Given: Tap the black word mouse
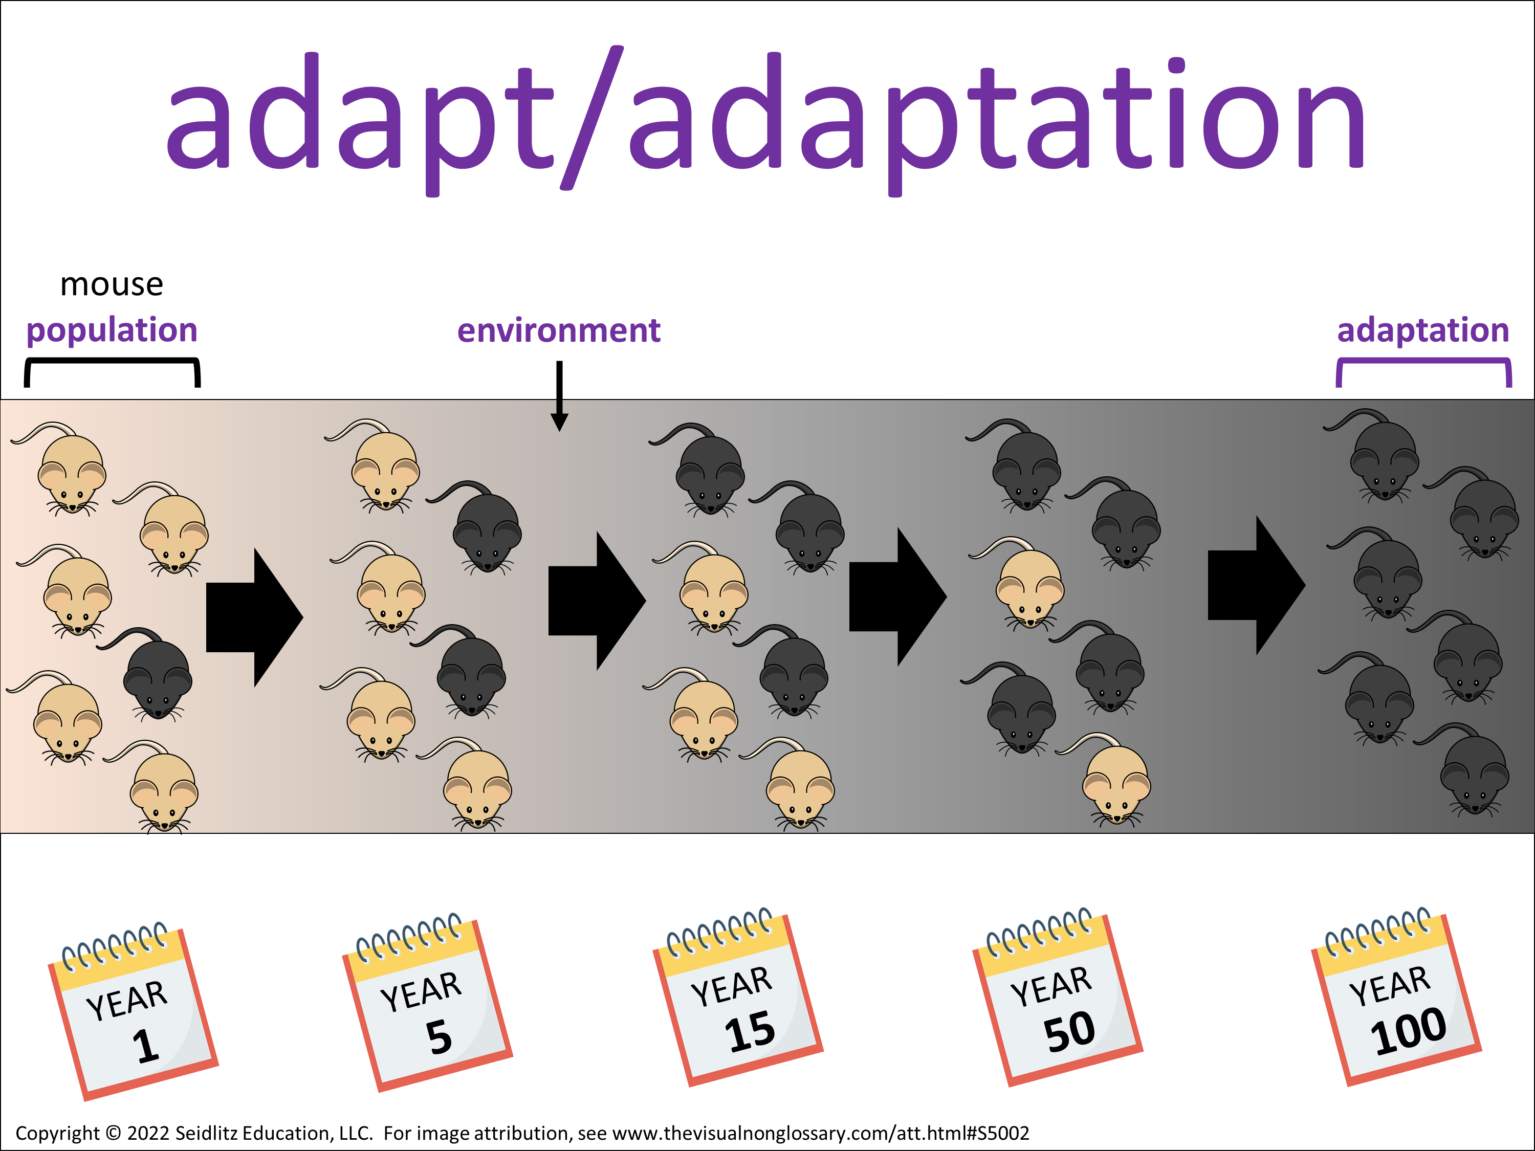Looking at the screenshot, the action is pos(112,285).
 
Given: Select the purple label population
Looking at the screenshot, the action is pos(112,331).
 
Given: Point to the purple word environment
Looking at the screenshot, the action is pos(559,330).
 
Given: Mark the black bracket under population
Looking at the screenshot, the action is pos(112,360).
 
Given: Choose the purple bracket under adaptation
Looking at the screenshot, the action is pos(1424,360).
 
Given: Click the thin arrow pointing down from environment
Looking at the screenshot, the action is pos(559,396).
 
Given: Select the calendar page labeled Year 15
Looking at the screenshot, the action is pos(738,998).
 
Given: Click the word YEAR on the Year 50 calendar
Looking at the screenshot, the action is pos(1050,986).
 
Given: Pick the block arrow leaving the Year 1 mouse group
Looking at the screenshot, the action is pos(255,617).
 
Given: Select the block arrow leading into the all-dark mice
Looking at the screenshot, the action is pos(1256,585).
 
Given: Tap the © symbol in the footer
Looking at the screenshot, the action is pos(113,1133).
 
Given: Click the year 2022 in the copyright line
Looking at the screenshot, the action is pos(148,1133).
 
